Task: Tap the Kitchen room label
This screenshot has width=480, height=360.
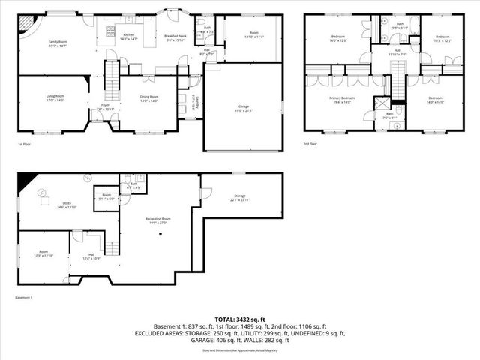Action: tap(128, 35)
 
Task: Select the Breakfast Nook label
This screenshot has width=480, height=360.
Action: tap(175, 37)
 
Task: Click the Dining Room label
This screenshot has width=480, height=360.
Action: tap(148, 97)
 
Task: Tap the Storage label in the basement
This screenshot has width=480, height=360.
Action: tap(239, 197)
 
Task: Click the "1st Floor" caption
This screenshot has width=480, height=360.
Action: tap(25, 144)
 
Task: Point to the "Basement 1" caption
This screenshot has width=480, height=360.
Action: tap(25, 298)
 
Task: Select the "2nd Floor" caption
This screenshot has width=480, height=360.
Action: tap(310, 143)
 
